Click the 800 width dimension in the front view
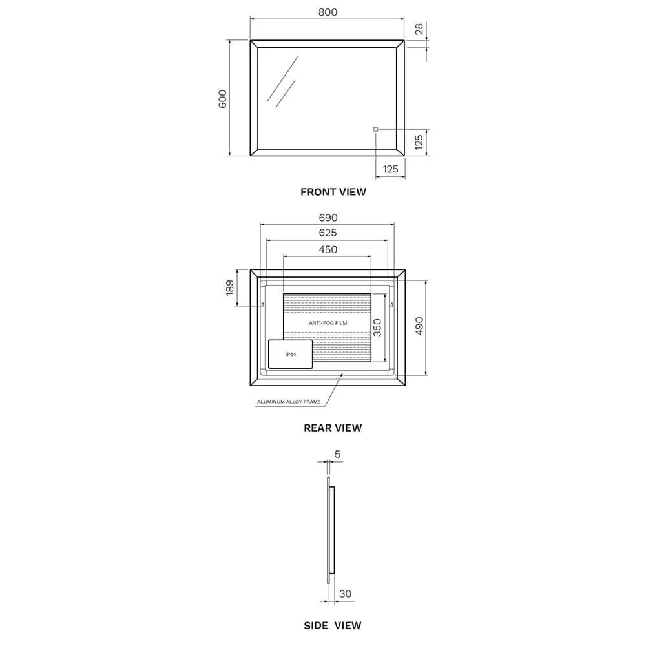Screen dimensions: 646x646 (328, 12)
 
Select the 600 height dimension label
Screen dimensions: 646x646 (222, 99)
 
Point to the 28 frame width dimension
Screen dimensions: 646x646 (419, 29)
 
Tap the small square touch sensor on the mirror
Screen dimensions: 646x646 (376, 129)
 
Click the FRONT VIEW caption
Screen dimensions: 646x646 (333, 192)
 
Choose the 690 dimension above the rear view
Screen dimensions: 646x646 (328, 218)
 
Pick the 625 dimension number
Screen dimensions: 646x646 (328, 233)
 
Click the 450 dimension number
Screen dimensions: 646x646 (328, 249)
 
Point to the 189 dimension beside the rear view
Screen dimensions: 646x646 (230, 287)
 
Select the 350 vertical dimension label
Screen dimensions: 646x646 (377, 328)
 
